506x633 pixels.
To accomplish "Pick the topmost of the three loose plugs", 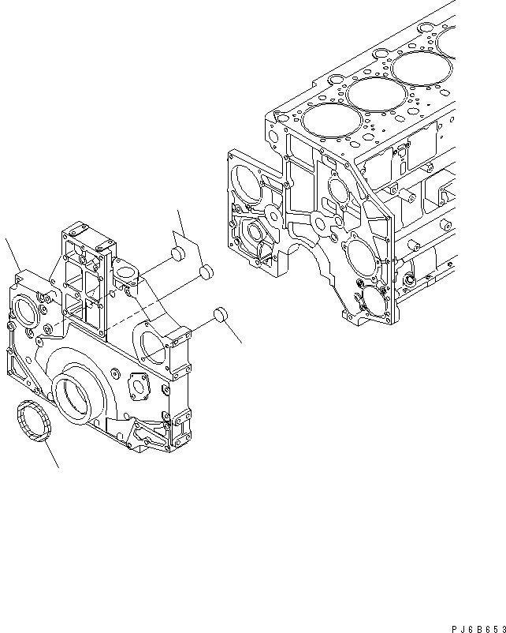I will coord(177,254).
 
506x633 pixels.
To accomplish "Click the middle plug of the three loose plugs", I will coord(206,273).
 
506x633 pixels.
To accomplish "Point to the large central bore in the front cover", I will coord(78,391).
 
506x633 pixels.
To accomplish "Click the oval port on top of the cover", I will coord(125,275).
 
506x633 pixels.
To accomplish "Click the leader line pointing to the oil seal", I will coord(50,455).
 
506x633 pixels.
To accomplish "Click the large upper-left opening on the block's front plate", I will coord(247,179).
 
